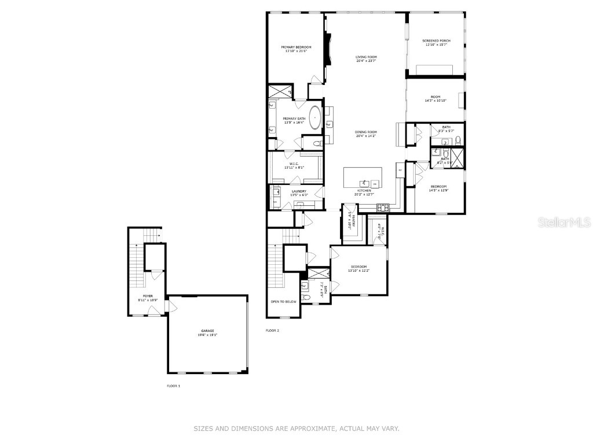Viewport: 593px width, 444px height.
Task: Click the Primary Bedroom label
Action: click(296, 47)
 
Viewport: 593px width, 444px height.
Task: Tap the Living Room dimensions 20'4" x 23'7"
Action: click(366, 61)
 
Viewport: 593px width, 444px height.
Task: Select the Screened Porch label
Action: click(436, 40)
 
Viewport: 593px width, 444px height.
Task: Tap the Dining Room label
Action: click(366, 132)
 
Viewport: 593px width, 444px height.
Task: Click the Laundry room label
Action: click(299, 191)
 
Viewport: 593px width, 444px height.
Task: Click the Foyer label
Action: click(149, 295)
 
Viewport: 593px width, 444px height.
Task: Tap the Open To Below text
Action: click(283, 301)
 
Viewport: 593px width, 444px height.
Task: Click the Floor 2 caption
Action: click(272, 331)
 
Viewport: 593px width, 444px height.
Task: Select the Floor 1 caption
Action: click(173, 385)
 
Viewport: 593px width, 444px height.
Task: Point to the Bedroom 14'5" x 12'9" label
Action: click(438, 186)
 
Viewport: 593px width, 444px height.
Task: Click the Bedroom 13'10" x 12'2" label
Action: click(358, 267)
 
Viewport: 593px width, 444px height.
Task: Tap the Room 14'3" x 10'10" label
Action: click(435, 97)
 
